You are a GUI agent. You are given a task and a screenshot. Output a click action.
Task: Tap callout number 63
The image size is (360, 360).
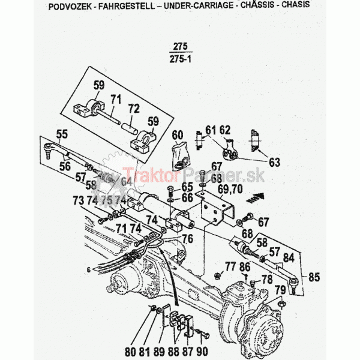(x=274, y=162)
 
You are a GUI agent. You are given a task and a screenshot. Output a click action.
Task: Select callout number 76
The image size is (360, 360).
(x=188, y=239)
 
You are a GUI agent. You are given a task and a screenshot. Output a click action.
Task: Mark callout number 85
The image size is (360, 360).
(x=314, y=277)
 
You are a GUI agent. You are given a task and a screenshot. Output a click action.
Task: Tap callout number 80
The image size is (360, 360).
(x=148, y=351)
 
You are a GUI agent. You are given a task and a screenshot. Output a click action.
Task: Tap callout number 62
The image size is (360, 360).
(x=225, y=130)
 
